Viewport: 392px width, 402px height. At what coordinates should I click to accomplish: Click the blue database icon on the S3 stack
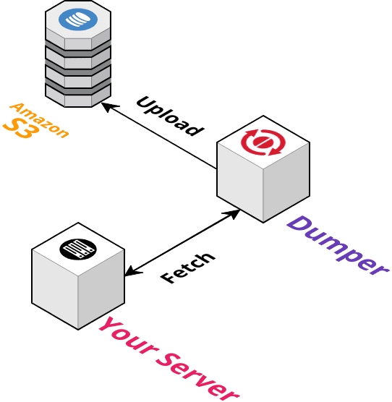78,20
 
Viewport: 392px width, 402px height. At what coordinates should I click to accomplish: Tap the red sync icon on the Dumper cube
263,142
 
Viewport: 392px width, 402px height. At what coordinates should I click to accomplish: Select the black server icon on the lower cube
78,249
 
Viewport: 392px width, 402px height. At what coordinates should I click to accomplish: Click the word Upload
170,116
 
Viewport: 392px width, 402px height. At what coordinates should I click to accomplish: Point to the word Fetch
188,268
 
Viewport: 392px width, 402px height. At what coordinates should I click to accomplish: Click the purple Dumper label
338,246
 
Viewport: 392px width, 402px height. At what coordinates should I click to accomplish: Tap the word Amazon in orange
39,120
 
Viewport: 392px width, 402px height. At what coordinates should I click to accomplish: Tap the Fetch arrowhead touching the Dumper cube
232,214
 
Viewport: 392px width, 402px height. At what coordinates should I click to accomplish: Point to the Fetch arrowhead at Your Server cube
133,272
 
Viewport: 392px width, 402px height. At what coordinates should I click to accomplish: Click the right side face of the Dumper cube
286,182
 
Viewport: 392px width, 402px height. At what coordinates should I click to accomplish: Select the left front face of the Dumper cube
240,181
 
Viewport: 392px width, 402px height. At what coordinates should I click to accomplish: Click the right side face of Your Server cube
101,289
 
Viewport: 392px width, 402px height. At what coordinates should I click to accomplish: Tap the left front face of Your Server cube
55,289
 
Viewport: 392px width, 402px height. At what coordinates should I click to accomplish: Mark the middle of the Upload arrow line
159,136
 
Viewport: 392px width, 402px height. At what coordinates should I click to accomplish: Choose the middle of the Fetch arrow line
182,243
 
